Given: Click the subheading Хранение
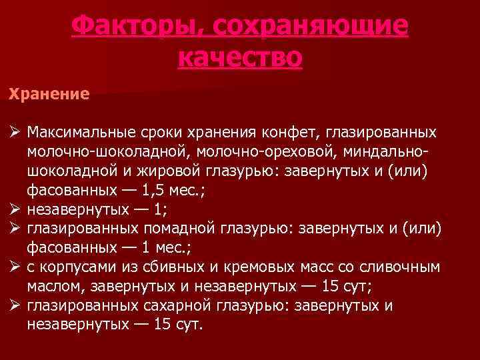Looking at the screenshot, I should click(49, 93).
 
